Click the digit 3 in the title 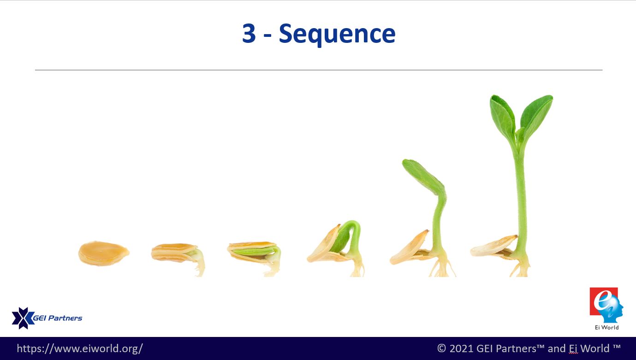(249, 34)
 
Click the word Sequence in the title (337, 35)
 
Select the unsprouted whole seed (104, 254)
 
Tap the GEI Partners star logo (23, 318)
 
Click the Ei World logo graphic (606, 305)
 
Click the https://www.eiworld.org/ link (80, 348)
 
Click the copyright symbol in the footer (441, 348)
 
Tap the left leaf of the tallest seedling (503, 117)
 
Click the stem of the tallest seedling (520, 199)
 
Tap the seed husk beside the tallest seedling (493, 247)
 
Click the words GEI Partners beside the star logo (58, 318)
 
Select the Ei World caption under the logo (607, 327)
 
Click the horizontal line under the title (319, 70)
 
